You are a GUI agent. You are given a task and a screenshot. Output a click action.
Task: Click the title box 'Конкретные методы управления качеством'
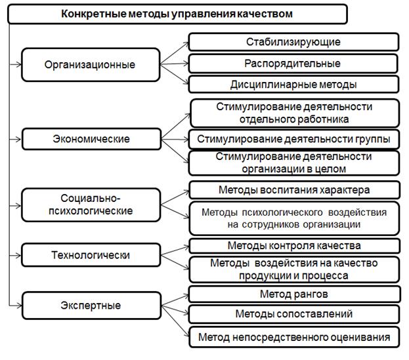click(177, 14)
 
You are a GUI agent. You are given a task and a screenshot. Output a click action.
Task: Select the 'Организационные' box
click(91, 65)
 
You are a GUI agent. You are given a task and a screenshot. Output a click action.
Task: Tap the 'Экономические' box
click(91, 139)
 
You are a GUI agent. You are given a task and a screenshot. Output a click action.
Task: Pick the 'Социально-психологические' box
click(91, 205)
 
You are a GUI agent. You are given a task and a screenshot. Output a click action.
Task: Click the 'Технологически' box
click(91, 255)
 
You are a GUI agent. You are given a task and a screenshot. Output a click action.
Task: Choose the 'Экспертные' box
click(91, 306)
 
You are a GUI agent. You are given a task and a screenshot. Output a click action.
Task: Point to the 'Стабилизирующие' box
click(293, 42)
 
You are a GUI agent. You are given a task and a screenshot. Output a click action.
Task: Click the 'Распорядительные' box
click(293, 64)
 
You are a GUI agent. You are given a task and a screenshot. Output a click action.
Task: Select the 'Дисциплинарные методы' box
click(293, 85)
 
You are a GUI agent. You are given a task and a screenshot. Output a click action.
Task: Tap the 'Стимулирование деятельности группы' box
click(294, 139)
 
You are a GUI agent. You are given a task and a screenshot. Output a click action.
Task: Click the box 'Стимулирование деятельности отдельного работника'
click(295, 113)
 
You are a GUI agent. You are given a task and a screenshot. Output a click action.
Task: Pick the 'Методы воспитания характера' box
click(295, 190)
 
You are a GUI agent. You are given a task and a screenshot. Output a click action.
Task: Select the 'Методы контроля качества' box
click(295, 246)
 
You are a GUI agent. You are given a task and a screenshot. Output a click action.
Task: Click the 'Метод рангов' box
click(295, 294)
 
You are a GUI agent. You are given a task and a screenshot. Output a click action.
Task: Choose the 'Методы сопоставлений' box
click(294, 314)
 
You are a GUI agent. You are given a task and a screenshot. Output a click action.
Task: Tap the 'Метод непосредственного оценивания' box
click(294, 337)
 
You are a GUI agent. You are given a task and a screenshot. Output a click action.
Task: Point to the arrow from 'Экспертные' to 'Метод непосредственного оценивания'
click(175, 321)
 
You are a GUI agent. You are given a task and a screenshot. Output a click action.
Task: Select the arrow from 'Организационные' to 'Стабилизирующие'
click(174, 53)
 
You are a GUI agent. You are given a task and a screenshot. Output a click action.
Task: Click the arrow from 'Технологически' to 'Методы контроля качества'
click(175, 250)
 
